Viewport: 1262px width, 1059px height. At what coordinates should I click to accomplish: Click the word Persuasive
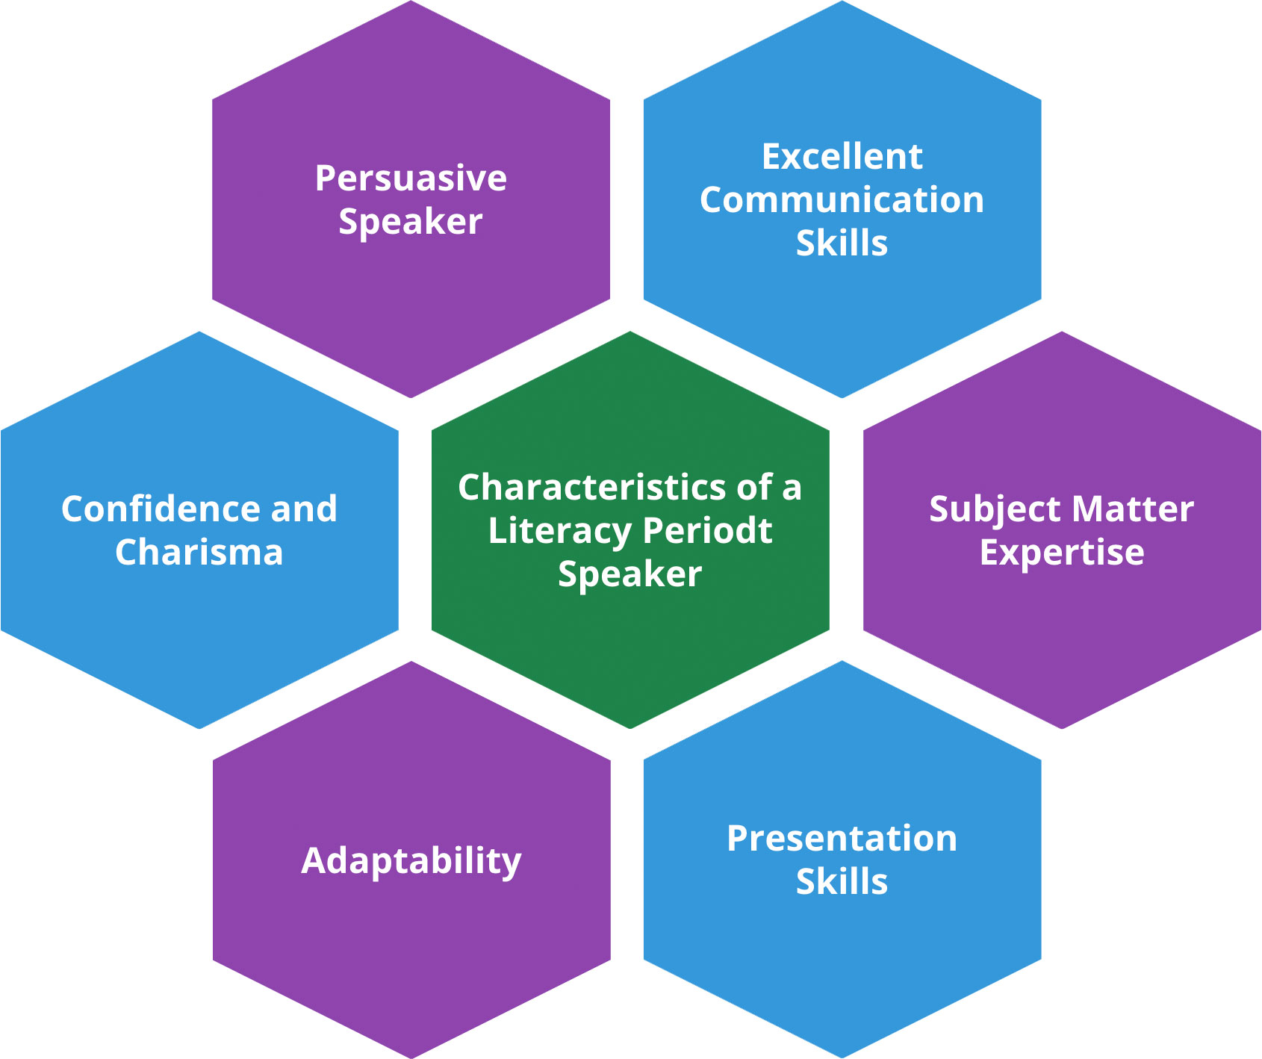click(411, 178)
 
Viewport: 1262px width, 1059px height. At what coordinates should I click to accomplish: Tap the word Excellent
click(842, 157)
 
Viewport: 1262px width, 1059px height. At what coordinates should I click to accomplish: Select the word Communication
click(842, 200)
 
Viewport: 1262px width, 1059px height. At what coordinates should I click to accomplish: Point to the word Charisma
click(199, 553)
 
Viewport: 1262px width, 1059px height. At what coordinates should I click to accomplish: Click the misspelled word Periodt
click(706, 531)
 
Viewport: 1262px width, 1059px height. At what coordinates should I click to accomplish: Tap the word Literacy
click(559, 531)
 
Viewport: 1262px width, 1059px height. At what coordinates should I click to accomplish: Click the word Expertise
click(1061, 553)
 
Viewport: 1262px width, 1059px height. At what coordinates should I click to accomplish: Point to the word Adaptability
click(411, 861)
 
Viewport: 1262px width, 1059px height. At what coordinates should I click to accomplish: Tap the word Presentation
click(842, 839)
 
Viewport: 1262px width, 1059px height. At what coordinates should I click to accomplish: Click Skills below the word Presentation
click(842, 882)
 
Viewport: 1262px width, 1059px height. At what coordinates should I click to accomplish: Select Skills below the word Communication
click(842, 243)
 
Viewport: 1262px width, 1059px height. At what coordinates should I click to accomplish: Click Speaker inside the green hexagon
click(630, 575)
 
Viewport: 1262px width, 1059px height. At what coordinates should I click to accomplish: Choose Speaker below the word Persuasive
click(410, 223)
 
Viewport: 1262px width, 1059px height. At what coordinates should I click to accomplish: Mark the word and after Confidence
click(304, 509)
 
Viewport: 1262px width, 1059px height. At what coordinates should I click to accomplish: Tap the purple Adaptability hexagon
click(411, 956)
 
